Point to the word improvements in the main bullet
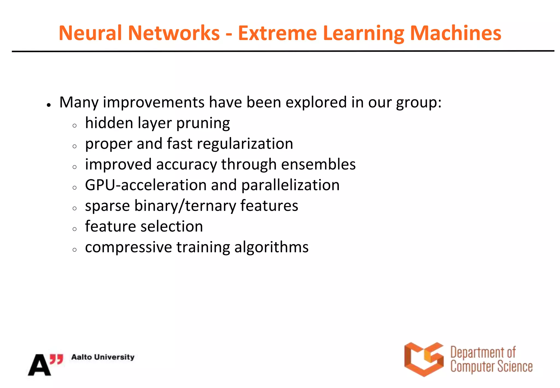tap(153, 102)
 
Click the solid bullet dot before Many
tap(49, 105)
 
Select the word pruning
tap(203, 124)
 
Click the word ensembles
tap(318, 164)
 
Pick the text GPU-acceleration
tap(145, 185)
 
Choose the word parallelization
tap(290, 185)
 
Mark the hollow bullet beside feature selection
tap(75, 229)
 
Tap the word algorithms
tap(271, 247)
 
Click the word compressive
tap(128, 247)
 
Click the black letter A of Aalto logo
tap(39, 365)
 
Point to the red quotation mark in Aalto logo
tap(57, 359)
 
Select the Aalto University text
tap(103, 357)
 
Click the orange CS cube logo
tap(424, 359)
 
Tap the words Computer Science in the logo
tap(491, 367)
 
